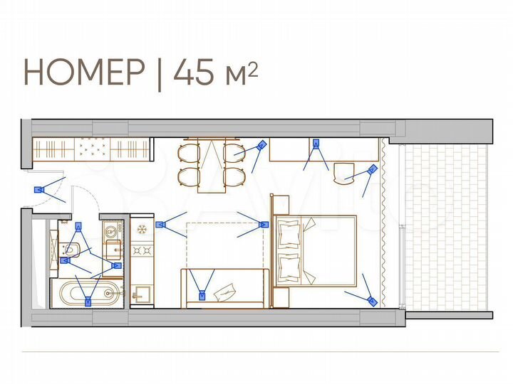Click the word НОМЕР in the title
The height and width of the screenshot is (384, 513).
(84, 73)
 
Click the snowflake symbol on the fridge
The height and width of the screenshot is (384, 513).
(142, 229)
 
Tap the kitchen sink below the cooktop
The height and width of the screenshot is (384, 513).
(141, 293)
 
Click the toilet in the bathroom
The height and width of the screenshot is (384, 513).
(72, 250)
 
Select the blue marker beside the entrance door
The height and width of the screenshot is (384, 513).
(39, 190)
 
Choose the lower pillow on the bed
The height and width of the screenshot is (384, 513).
(290, 267)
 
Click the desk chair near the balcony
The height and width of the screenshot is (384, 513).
(345, 173)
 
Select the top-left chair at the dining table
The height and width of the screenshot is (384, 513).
(188, 153)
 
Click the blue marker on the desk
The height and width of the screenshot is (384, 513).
(315, 143)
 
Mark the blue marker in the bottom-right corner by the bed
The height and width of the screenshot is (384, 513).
(371, 301)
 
